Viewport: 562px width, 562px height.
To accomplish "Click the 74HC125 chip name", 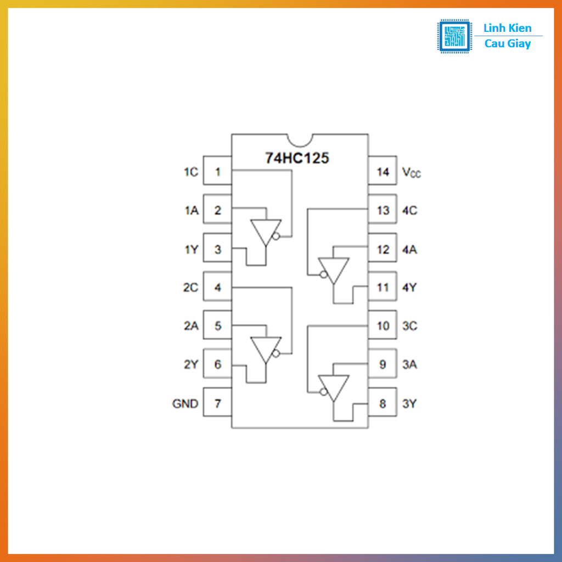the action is (297, 158).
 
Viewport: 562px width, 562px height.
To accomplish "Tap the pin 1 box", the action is (217, 171).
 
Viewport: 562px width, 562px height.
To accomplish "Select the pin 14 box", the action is (383, 171).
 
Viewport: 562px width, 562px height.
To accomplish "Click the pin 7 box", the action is (217, 402).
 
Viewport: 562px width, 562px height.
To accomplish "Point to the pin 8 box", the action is (383, 402).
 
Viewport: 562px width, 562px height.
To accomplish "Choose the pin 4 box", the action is (217, 286).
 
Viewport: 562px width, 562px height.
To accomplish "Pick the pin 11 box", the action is (383, 286).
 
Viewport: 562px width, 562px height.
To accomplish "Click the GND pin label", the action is (186, 403).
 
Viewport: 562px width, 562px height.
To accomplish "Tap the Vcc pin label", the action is (412, 172).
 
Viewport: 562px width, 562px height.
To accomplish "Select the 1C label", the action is (191, 172).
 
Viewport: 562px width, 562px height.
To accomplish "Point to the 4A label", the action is (409, 250).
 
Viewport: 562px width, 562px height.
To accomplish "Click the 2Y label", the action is (191, 364).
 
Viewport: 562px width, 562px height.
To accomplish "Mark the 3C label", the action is (409, 326).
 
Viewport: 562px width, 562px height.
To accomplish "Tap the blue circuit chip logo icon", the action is (454, 36).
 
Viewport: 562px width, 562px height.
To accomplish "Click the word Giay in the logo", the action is (518, 44).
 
